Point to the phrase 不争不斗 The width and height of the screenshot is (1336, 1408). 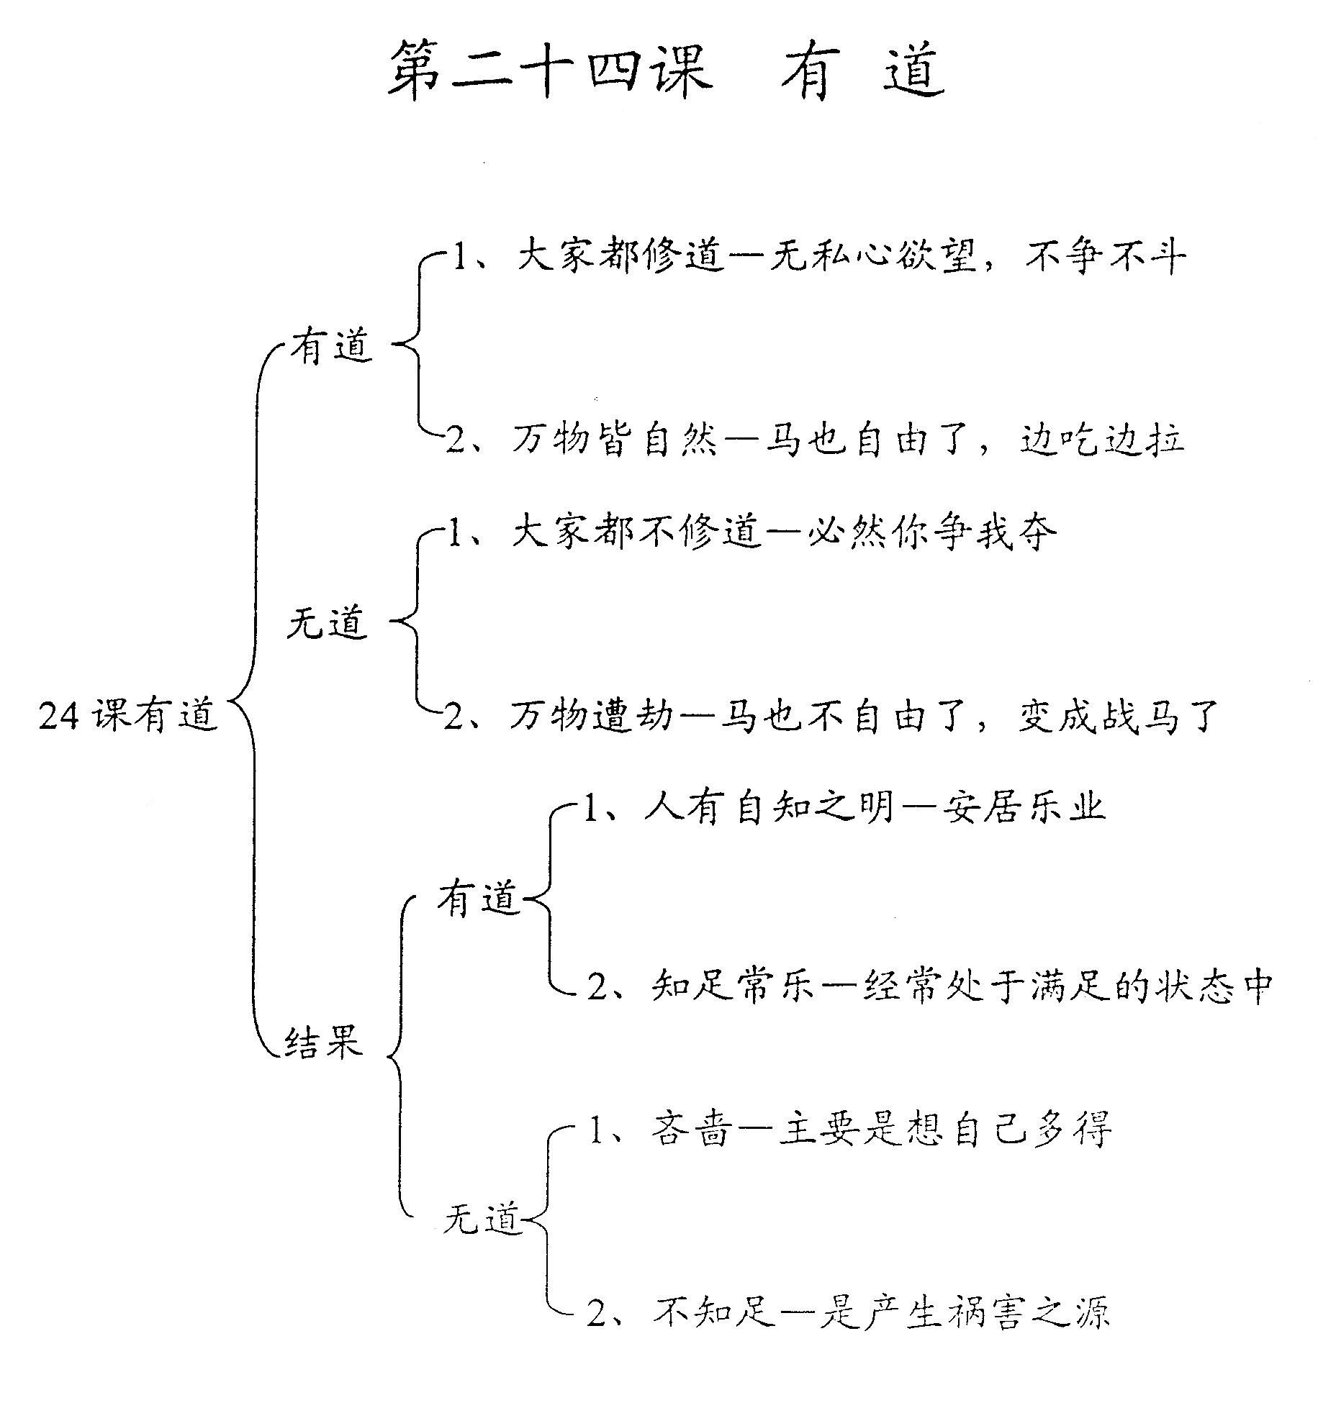[1105, 257]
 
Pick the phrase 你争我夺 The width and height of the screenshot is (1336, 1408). [973, 533]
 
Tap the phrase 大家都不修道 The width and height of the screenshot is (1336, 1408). [636, 533]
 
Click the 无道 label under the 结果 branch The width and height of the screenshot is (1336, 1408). [482, 1219]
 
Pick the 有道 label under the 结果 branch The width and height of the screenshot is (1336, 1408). [479, 899]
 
